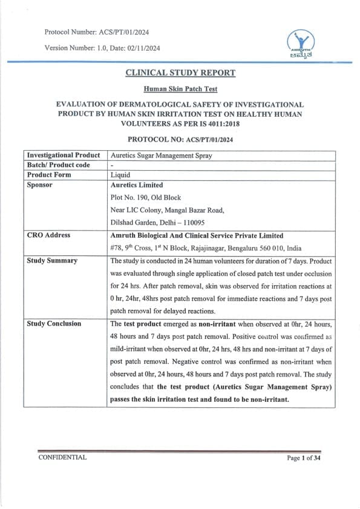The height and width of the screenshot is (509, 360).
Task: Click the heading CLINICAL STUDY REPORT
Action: click(180, 73)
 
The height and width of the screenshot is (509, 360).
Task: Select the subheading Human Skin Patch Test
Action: click(180, 88)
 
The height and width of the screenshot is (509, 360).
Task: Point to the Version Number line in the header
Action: click(102, 48)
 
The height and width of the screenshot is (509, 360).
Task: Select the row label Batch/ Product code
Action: click(59, 165)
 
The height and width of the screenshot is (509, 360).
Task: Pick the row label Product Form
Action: click(49, 175)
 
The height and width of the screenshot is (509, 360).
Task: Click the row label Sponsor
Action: click(40, 185)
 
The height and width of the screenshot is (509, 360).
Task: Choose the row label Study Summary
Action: click(52, 261)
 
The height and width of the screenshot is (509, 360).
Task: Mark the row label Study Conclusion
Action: click(54, 324)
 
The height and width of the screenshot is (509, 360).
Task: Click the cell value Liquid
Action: click(120, 175)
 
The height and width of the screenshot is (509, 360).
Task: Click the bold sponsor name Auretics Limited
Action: click(137, 185)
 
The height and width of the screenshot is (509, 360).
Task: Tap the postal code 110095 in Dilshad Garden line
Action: click(185, 223)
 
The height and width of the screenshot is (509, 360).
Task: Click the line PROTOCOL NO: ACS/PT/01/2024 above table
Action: click(180, 139)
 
